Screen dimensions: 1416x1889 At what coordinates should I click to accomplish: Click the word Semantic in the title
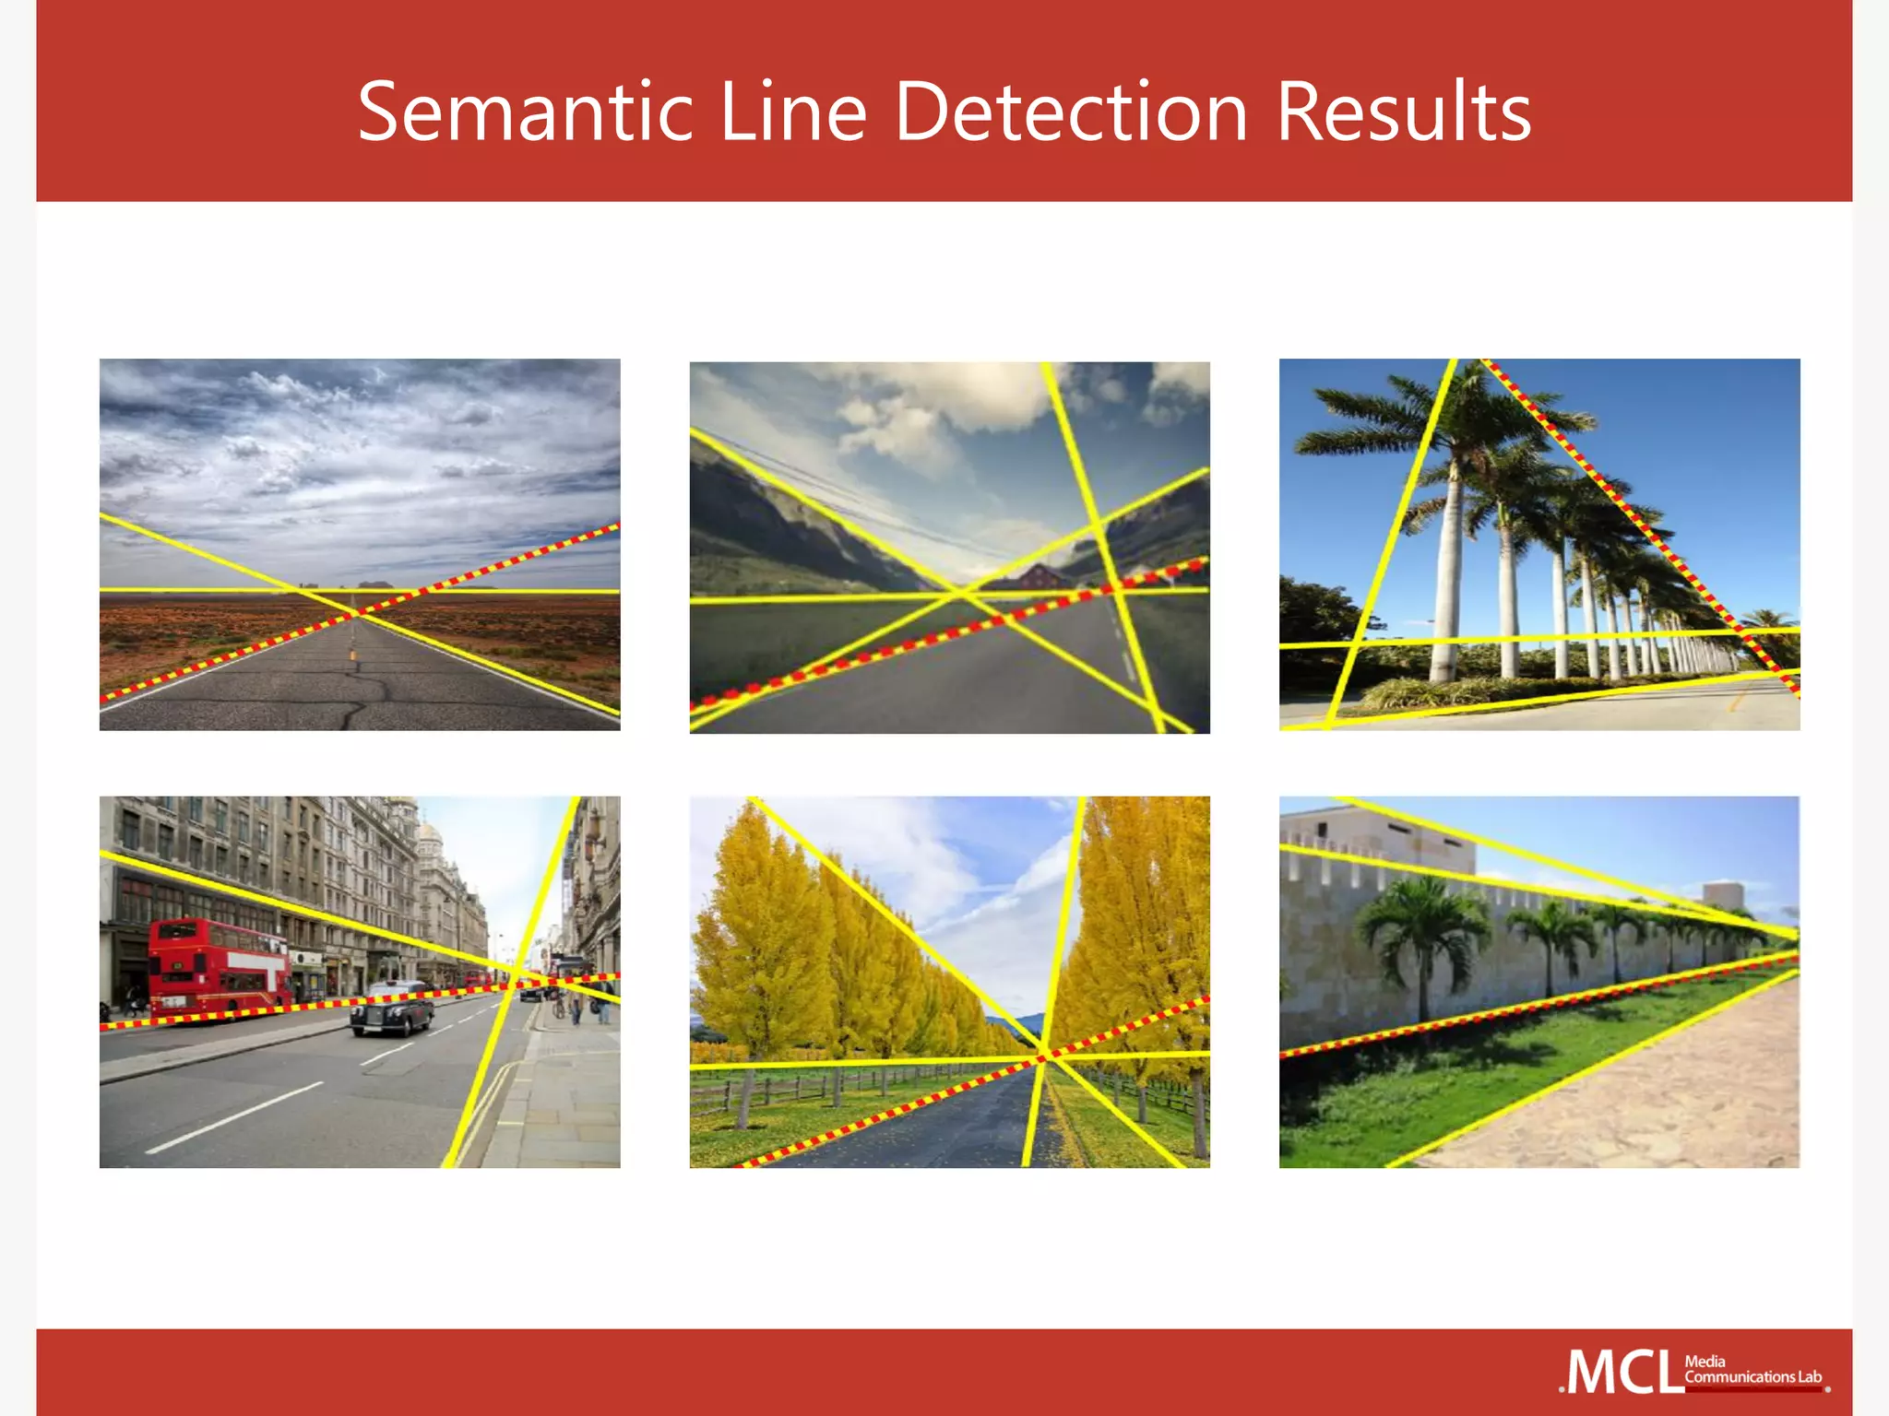pyautogui.click(x=525, y=112)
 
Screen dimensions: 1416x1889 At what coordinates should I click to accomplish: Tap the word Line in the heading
pyautogui.click(x=792, y=112)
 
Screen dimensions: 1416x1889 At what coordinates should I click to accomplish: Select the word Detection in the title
pyautogui.click(x=1071, y=112)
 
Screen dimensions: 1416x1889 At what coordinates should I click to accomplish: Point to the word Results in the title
pyautogui.click(x=1403, y=112)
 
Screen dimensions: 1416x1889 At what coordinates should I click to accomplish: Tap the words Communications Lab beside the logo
pyautogui.click(x=1752, y=1377)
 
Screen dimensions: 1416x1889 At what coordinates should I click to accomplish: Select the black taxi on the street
pyautogui.click(x=392, y=1009)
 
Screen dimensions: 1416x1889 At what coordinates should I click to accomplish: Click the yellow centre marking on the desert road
pyautogui.click(x=352, y=655)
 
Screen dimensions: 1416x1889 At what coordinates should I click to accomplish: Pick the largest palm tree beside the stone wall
pyautogui.click(x=1426, y=931)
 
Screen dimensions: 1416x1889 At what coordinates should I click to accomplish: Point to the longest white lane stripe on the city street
pyautogui.click(x=235, y=1117)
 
